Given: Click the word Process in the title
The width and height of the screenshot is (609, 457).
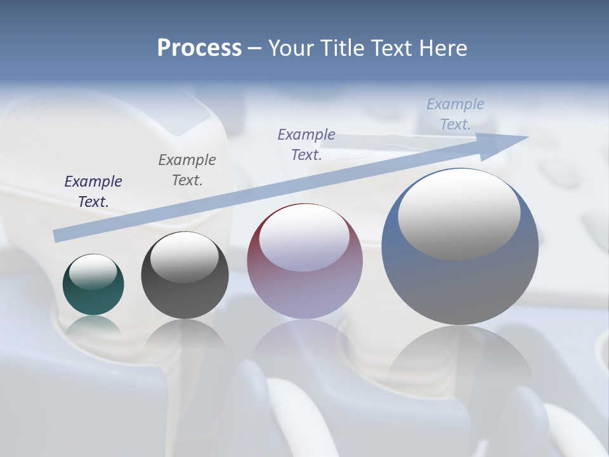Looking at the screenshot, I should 199,48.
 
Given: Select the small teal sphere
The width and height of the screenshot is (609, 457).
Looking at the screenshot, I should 93,284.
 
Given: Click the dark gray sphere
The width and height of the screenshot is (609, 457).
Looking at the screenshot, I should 185,275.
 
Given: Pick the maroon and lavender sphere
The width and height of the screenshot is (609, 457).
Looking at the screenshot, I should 305,262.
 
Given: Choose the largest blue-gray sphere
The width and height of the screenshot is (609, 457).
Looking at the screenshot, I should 460,246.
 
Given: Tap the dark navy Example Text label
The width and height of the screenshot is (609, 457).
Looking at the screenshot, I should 93,192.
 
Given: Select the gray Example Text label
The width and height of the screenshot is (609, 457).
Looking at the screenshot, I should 187,170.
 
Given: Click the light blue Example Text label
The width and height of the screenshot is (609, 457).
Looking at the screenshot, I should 455,114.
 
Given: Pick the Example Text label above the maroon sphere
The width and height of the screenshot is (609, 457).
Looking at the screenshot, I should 306,145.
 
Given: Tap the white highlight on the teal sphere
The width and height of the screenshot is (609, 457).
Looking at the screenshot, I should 93,272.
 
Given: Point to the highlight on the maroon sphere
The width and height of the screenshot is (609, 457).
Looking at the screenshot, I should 304,238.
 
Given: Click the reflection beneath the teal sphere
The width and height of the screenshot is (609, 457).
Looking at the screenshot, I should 93,326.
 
